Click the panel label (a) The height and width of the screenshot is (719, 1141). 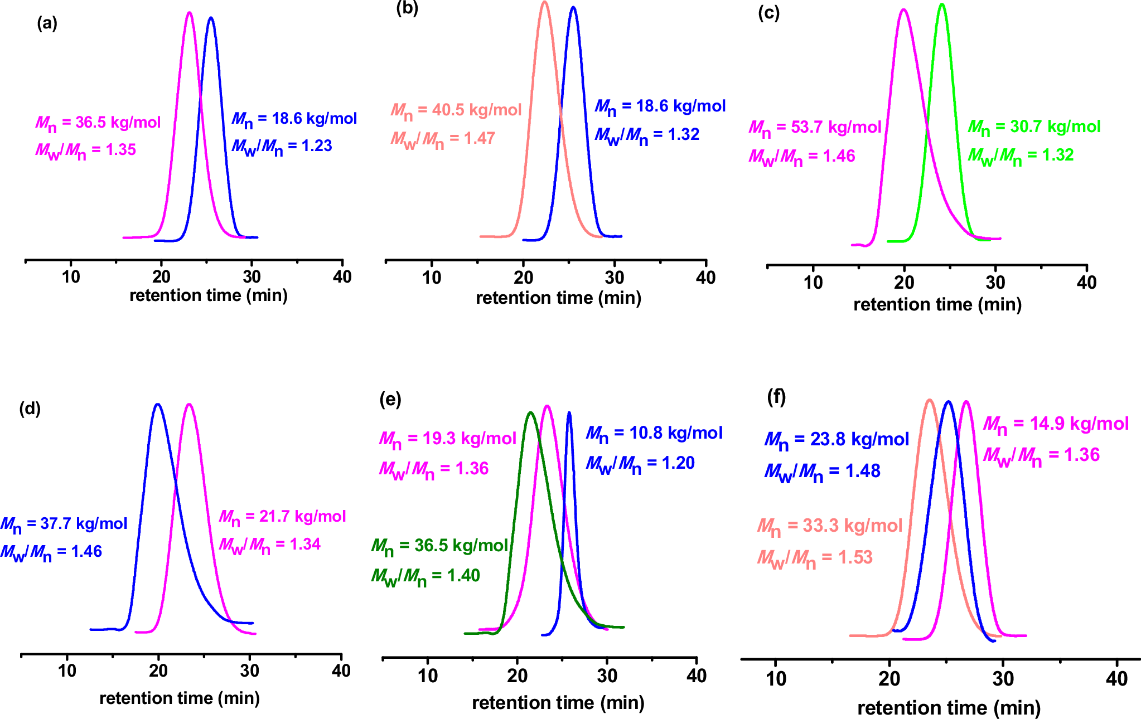pos(47,23)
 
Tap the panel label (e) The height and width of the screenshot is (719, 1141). pos(390,400)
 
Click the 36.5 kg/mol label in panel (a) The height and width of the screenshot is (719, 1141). pos(98,122)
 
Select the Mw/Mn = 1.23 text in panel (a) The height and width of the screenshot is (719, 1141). pos(282,147)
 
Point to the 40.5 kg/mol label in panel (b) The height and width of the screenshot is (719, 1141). pos(456,110)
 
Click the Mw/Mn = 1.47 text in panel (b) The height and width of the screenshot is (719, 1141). pos(443,138)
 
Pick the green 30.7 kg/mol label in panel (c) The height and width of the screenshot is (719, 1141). pos(1034,127)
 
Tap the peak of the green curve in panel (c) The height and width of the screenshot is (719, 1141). pos(942,5)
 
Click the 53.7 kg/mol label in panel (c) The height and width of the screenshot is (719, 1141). pos(815,128)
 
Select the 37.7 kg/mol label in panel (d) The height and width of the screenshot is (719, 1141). pos(64,524)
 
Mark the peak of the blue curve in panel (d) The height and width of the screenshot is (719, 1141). pos(158,404)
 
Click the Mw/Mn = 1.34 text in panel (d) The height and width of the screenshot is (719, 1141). pos(269,545)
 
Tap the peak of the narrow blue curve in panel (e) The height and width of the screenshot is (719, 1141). pos(569,413)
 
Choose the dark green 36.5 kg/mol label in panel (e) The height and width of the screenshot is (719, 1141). pos(439,546)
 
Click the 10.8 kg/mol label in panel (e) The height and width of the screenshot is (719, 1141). pos(654,433)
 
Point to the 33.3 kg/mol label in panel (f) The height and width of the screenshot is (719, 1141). pos(829,526)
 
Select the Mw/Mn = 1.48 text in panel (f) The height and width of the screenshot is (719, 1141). pos(822,472)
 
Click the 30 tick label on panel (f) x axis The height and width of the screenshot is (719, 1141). pos(1003,679)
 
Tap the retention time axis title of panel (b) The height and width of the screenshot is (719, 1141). pos(558,298)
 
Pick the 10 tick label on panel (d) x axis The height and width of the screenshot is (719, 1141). pos(67,671)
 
